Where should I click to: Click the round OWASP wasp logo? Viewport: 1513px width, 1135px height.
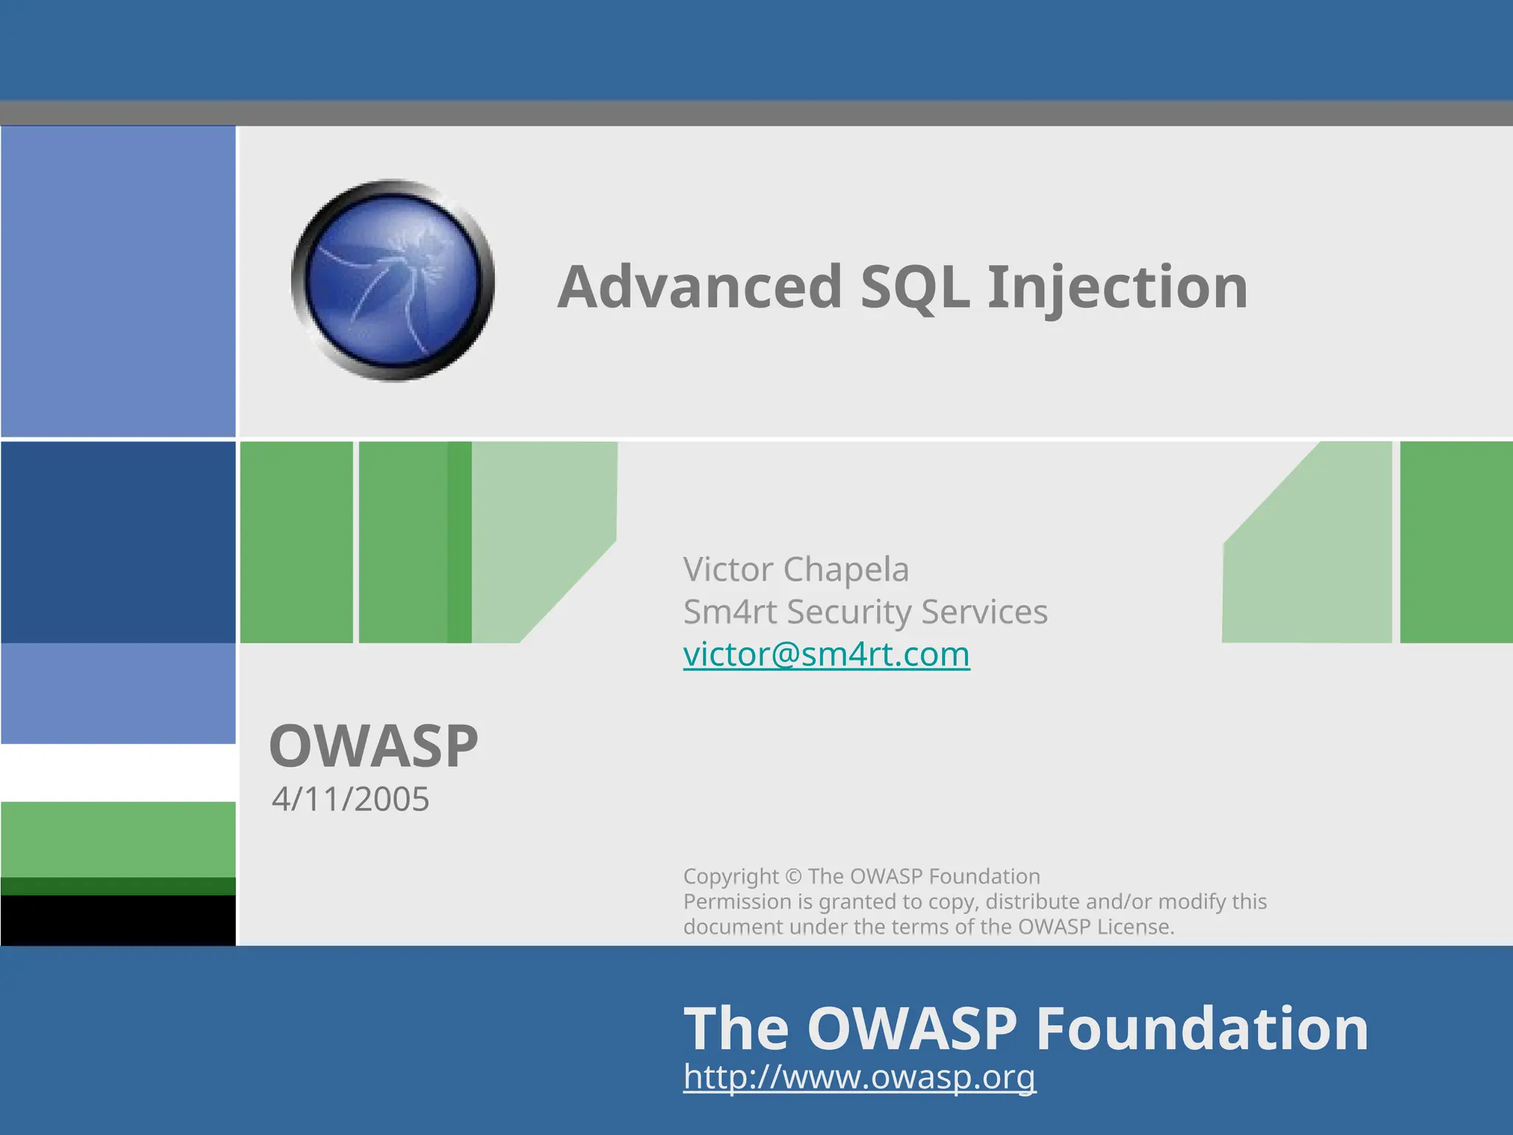393,281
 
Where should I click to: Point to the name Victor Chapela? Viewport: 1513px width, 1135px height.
796,569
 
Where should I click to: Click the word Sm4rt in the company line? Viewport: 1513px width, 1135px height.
729,612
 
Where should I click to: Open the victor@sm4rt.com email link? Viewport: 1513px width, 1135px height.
826,655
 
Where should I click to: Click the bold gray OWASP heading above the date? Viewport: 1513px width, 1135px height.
374,746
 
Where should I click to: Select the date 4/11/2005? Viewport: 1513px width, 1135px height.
350,799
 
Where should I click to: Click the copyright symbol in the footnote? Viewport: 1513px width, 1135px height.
793,876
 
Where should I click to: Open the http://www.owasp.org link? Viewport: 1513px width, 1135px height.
859,1077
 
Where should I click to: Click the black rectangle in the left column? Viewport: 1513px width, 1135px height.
118,920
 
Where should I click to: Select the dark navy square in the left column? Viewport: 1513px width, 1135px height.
118,542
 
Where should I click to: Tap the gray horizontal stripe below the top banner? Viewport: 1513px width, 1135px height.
756,113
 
